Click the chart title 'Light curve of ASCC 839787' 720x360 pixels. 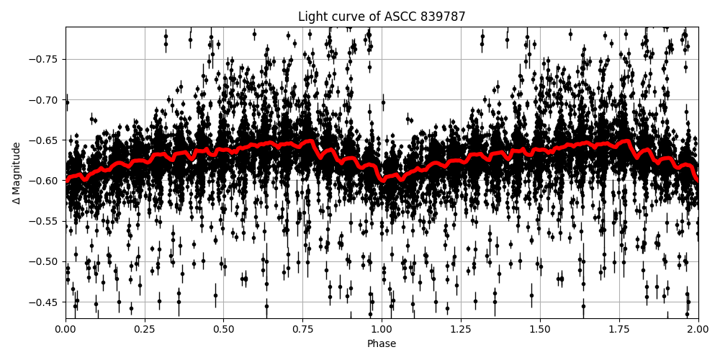tap(382, 17)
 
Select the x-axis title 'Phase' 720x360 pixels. tap(382, 344)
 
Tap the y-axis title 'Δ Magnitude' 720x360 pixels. tap(16, 173)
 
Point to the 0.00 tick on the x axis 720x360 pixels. tap(66, 330)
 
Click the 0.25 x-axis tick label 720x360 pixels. tap(145, 330)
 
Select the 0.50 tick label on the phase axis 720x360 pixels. tap(224, 330)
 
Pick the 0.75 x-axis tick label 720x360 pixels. tap(302, 330)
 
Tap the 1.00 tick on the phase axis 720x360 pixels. tap(382, 330)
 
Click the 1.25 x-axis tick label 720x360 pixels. tap(461, 330)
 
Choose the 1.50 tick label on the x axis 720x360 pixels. tap(540, 330)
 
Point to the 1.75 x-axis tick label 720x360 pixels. tap(619, 330)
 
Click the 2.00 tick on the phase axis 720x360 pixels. tap(698, 330)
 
